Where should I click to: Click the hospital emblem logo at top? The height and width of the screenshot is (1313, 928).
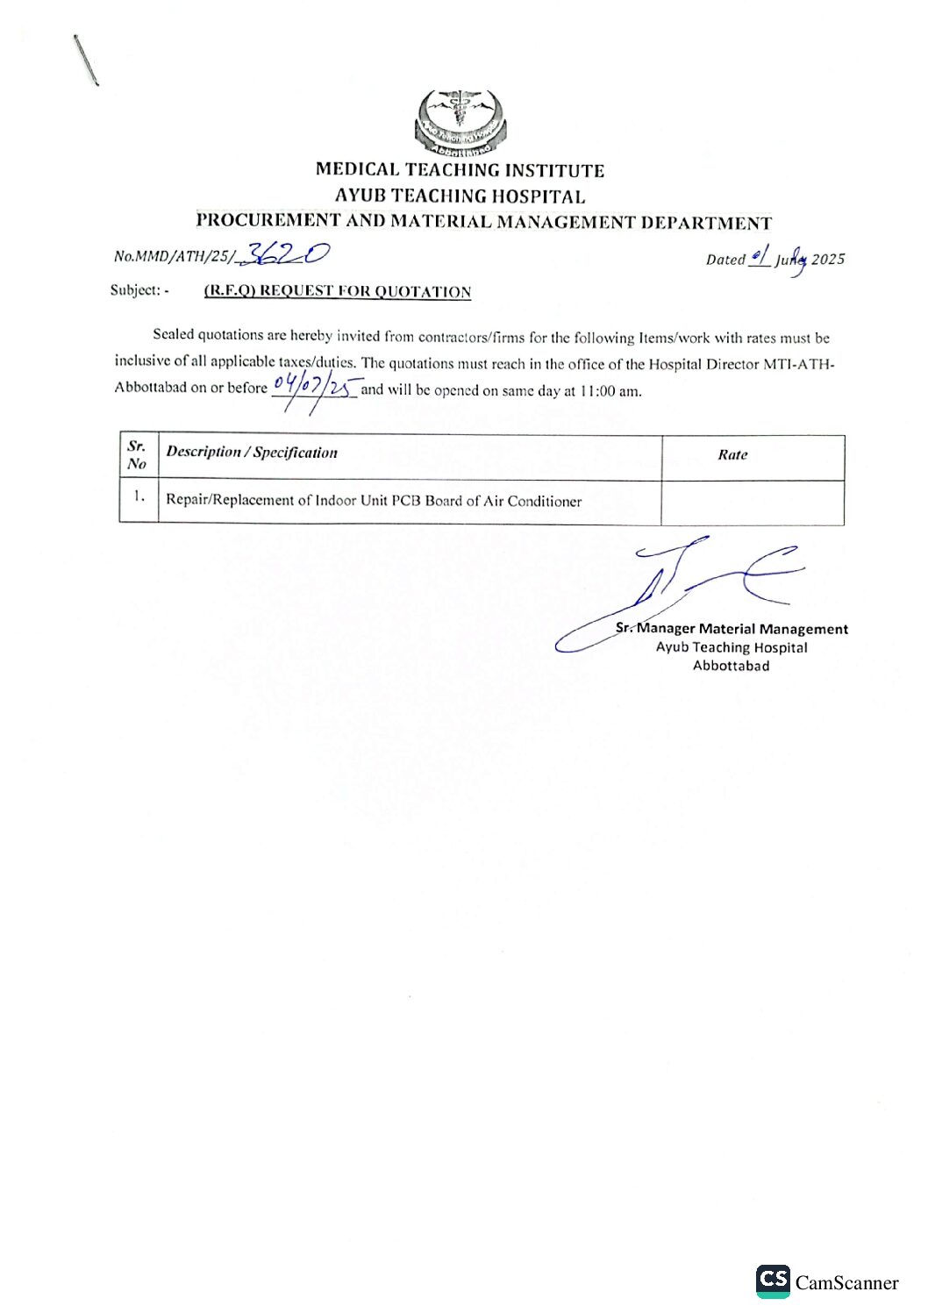(x=460, y=121)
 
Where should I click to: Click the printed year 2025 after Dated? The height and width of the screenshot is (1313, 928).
(x=828, y=260)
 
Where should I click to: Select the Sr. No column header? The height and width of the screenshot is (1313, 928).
(x=137, y=455)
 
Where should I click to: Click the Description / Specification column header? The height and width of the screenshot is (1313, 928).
(x=252, y=453)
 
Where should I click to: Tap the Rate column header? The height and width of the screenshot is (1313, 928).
(x=732, y=454)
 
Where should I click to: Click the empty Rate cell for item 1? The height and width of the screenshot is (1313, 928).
(x=752, y=502)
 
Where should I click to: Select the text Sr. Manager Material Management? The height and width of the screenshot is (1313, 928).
(x=732, y=629)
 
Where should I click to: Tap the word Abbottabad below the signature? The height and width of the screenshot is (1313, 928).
(x=731, y=666)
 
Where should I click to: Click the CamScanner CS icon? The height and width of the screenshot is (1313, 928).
(x=773, y=1281)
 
